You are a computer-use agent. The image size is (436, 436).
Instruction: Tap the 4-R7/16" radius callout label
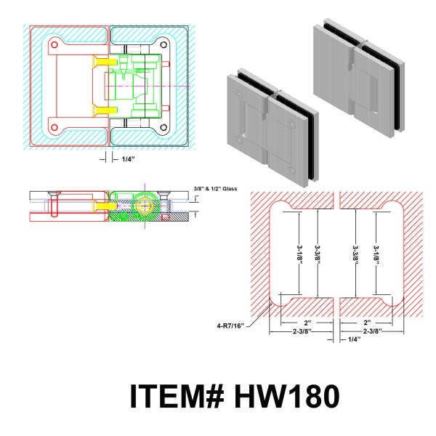click(x=231, y=325)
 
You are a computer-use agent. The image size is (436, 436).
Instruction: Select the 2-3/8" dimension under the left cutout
click(x=301, y=332)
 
